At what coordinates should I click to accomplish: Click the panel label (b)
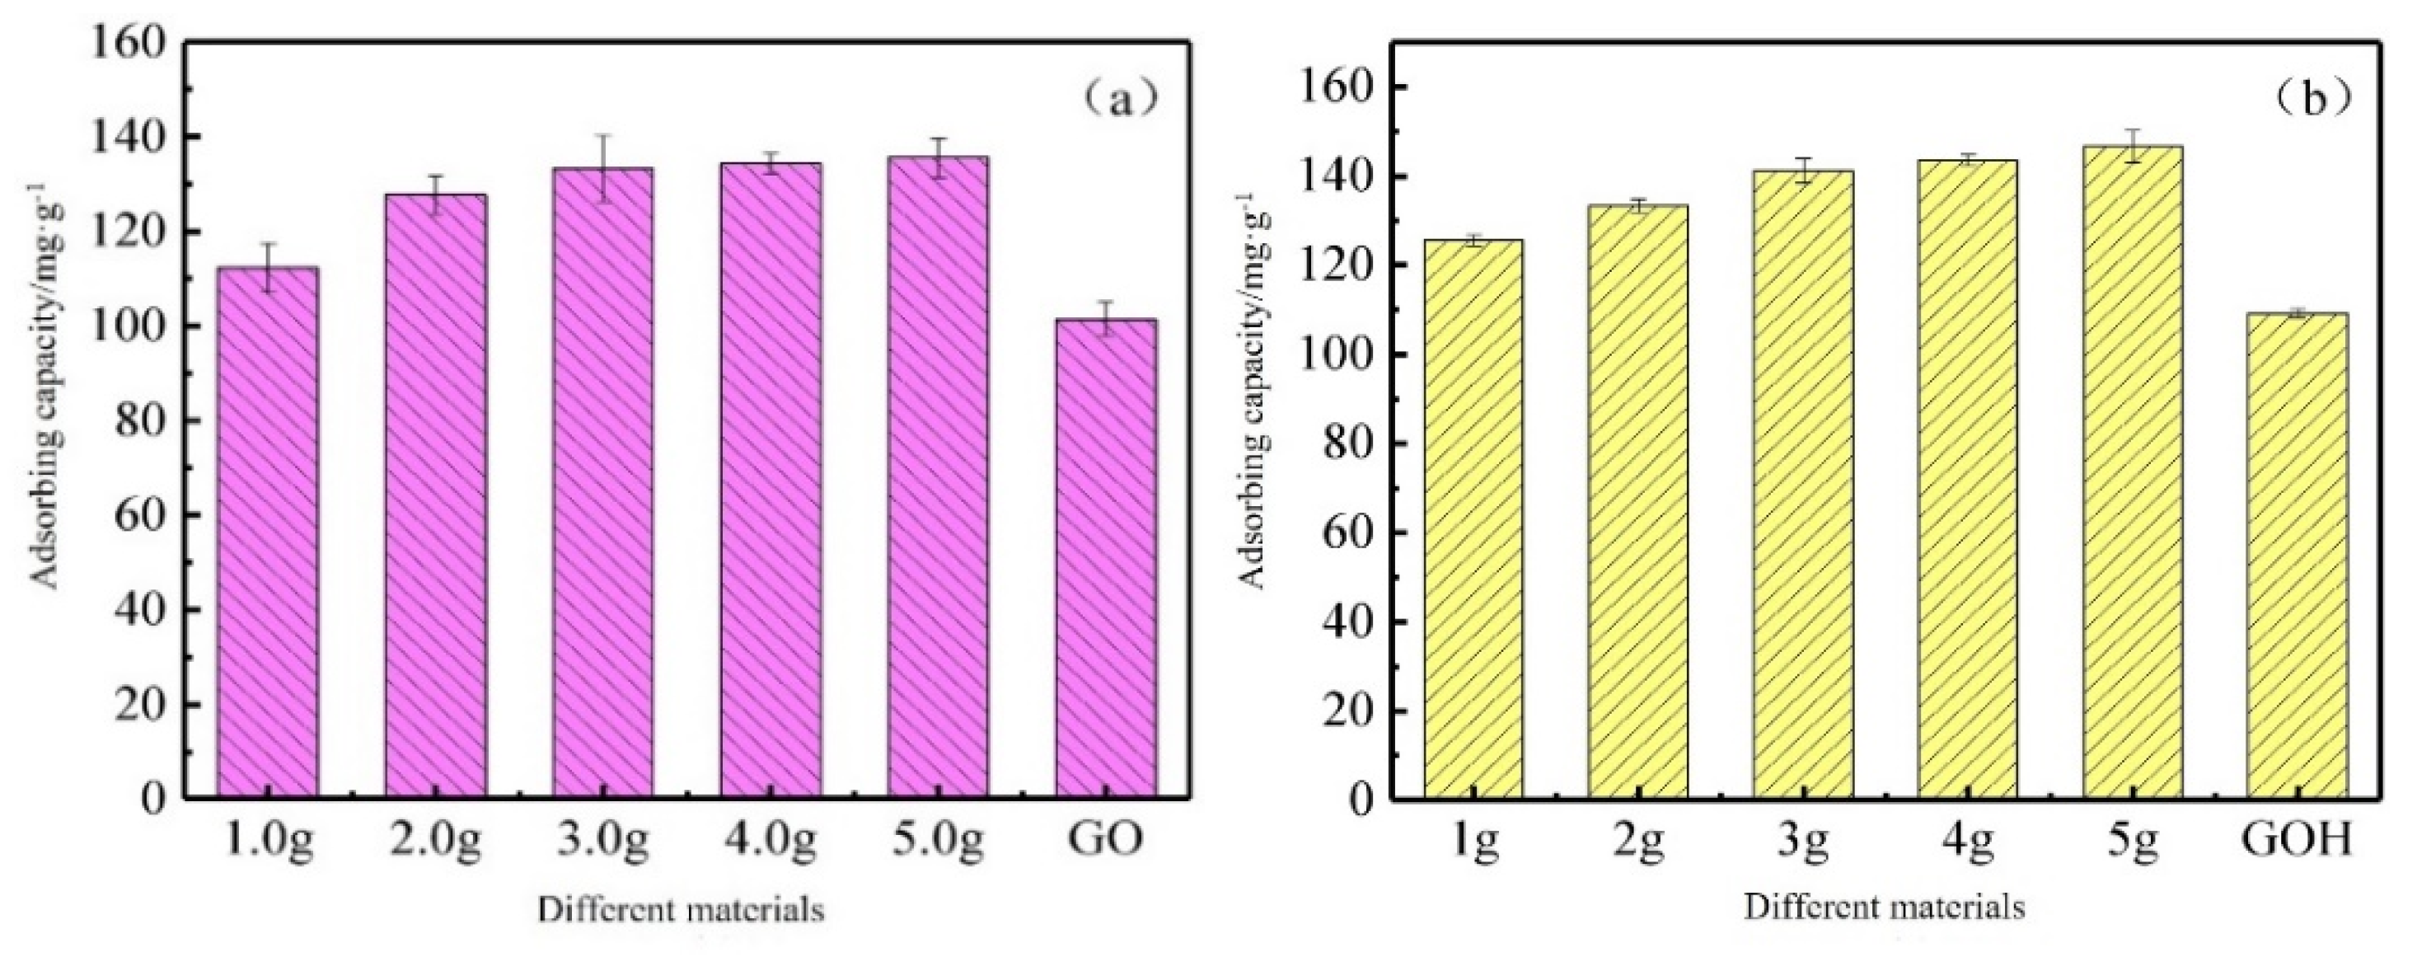click(2315, 100)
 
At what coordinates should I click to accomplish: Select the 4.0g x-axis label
click(770, 840)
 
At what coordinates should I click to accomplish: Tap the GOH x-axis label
click(2296, 840)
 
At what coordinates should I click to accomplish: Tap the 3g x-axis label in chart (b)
click(1802, 840)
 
